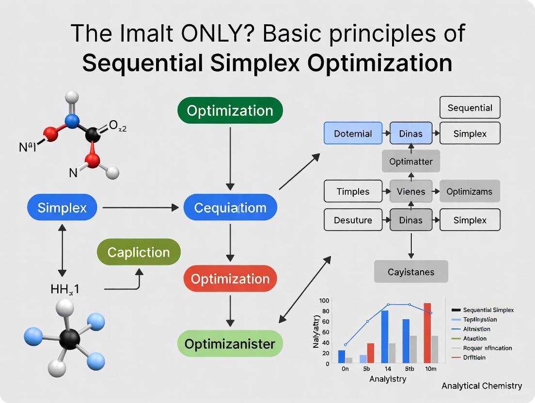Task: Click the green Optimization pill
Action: click(230, 110)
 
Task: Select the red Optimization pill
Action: click(230, 279)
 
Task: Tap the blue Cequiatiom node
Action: click(230, 208)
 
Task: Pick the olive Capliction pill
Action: click(139, 252)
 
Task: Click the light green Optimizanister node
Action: click(230, 344)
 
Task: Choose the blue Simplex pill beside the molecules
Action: click(62, 208)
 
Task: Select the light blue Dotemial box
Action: click(353, 134)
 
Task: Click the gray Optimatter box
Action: click(411, 161)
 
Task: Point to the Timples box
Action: click(353, 191)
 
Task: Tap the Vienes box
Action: click(411, 191)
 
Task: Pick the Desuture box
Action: click(353, 220)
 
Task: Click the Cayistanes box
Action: click(411, 272)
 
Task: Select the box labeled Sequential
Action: click(470, 108)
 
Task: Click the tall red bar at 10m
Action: click(427, 333)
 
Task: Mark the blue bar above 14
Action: click(385, 337)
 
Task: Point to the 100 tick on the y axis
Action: click(324, 300)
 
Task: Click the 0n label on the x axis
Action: click(345, 369)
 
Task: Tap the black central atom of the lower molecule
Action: click(70, 339)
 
